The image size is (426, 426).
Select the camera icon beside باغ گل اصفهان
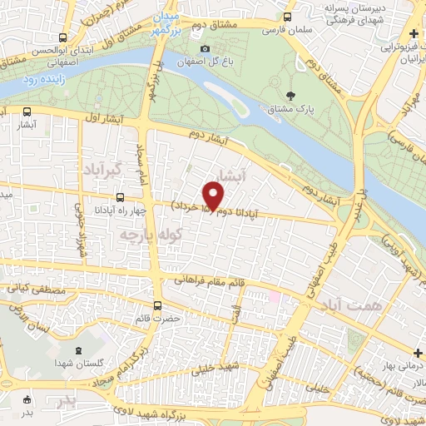[x=206, y=49]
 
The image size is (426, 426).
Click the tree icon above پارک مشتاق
[x=290, y=95]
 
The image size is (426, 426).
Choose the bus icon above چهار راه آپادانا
[x=121, y=198]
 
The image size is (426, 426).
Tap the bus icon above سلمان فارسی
[x=288, y=16]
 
